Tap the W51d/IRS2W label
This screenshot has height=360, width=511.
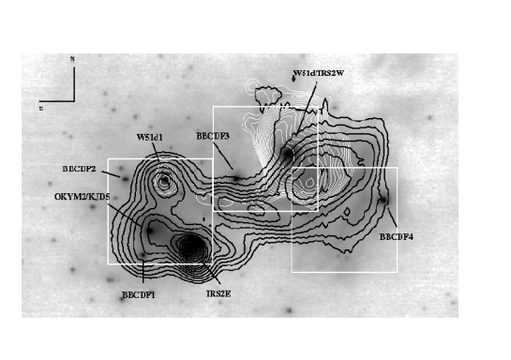[325, 73]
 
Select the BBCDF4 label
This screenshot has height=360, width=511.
[397, 236]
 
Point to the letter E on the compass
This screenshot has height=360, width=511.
[41, 108]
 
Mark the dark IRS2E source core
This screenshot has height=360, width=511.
[191, 247]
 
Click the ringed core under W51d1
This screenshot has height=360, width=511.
[165, 179]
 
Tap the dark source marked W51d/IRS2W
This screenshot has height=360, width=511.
[287, 151]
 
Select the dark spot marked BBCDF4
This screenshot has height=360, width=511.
[383, 200]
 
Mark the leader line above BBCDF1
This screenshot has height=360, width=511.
[142, 272]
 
